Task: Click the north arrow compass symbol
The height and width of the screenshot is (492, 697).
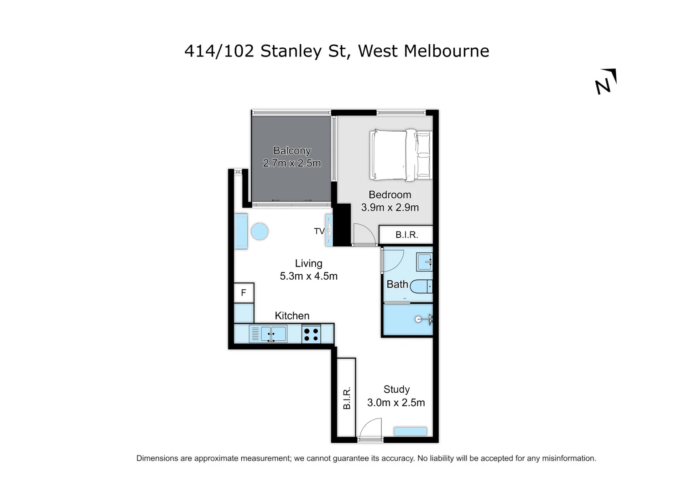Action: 606,82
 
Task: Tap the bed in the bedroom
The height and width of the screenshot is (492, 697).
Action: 400,155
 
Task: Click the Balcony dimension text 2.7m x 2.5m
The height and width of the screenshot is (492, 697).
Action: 292,163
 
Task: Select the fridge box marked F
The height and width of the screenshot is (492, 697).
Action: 244,293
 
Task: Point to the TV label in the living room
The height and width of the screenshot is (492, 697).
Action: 319,231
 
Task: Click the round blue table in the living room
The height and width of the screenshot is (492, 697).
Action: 260,231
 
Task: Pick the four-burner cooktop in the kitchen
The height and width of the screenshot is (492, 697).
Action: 311,334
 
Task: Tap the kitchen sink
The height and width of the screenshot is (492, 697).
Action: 273,334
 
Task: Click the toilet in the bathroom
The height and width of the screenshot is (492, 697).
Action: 421,287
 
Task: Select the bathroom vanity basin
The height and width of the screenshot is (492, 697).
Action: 424,262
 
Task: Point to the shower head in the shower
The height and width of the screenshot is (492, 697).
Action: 418,319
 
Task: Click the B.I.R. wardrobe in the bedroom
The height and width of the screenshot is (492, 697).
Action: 406,235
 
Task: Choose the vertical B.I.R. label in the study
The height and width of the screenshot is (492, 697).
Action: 347,398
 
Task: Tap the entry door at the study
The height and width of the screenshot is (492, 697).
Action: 370,430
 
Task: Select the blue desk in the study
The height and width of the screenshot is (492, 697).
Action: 410,431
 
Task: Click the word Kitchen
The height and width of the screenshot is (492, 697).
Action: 292,316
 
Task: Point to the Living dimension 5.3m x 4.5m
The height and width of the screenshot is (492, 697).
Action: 308,276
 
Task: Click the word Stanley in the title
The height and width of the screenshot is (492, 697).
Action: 291,51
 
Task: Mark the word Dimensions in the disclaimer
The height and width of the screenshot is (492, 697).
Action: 157,458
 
